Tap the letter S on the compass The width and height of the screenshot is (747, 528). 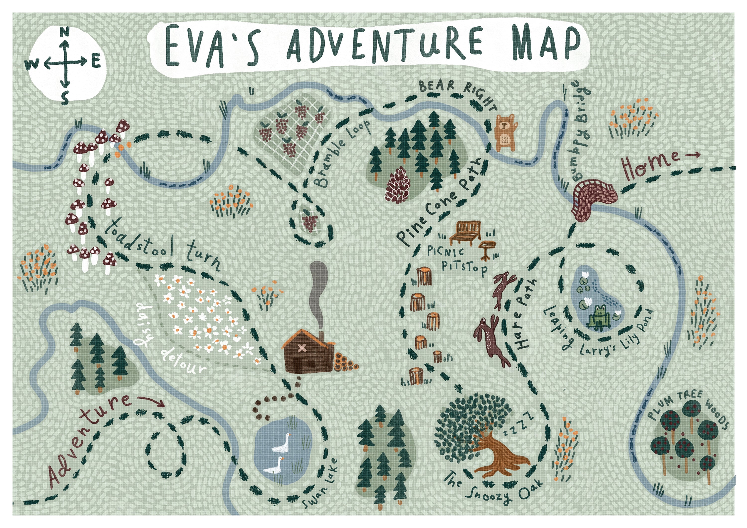[x=65, y=98]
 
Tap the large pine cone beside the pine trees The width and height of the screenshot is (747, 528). [x=398, y=186]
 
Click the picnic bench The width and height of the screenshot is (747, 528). [x=465, y=232]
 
